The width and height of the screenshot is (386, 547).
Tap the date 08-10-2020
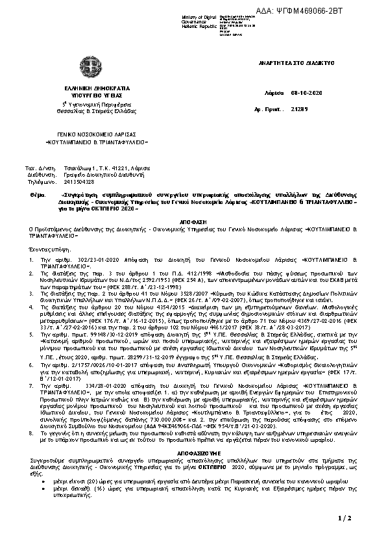305,93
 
